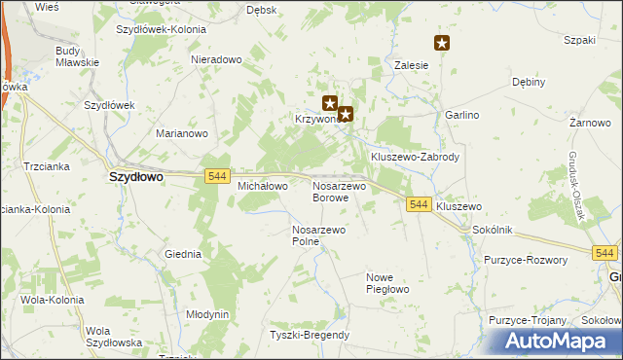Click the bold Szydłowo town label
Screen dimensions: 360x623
pyautogui.click(x=135, y=178)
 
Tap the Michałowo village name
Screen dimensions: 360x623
pyautogui.click(x=263, y=185)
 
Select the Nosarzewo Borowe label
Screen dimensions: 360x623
pyautogui.click(x=338, y=191)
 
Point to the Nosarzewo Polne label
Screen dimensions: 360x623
pyautogui.click(x=319, y=235)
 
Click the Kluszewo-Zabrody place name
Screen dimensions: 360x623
pyautogui.click(x=415, y=157)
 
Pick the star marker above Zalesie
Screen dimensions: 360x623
pyautogui.click(x=442, y=43)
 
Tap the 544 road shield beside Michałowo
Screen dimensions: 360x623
pyautogui.click(x=217, y=175)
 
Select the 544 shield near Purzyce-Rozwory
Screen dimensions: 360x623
pyautogui.click(x=605, y=253)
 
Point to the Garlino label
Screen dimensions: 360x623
pyautogui.click(x=462, y=115)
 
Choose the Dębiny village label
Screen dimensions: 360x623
pyautogui.click(x=528, y=83)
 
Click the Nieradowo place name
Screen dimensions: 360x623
pyautogui.click(x=216, y=59)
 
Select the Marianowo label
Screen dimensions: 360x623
pyautogui.click(x=183, y=133)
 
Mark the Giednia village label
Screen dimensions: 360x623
pyautogui.click(x=183, y=254)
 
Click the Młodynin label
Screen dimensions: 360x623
pyautogui.click(x=207, y=314)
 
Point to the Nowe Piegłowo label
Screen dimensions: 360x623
pyautogui.click(x=386, y=283)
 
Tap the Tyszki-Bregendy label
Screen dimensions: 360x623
pyautogui.click(x=310, y=336)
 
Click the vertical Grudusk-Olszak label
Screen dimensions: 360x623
pyautogui.click(x=577, y=190)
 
